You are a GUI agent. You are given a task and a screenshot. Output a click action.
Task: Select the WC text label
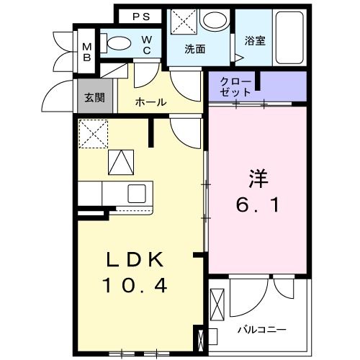point(146,45)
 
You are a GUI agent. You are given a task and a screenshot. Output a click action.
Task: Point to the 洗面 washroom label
point(194,50)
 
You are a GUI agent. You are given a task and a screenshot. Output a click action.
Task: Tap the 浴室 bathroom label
point(255,41)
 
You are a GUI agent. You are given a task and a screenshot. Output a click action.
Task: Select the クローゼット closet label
point(237,86)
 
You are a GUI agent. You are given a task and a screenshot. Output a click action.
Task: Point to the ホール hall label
point(151,102)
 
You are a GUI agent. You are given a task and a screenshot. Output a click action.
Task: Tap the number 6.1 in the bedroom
point(258,204)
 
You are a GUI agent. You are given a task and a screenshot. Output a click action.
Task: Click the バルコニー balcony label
point(262,330)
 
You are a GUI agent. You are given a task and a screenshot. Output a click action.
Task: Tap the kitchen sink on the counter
point(138,192)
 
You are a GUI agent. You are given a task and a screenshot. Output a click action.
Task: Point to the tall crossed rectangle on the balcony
point(218,302)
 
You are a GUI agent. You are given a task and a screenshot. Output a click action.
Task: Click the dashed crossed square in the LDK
point(92,132)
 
